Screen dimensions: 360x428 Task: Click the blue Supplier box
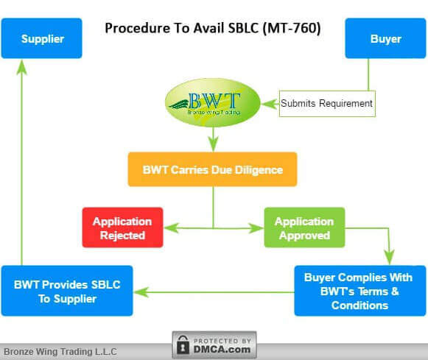(41, 38)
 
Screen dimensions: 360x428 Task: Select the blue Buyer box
(385, 38)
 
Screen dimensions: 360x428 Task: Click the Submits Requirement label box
(326, 104)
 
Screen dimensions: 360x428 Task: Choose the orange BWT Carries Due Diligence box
(212, 169)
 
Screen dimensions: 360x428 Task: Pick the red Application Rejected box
(122, 227)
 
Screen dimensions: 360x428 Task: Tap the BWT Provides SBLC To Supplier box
(67, 291)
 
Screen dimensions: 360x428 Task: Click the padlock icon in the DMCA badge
(183, 345)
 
